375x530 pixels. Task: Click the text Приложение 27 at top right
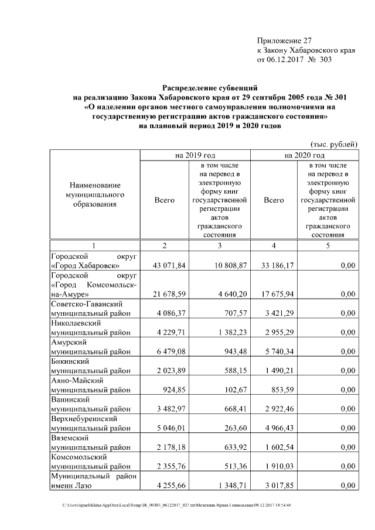(285, 40)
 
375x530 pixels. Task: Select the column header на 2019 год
(195, 155)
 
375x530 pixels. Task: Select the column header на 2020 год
(304, 155)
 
